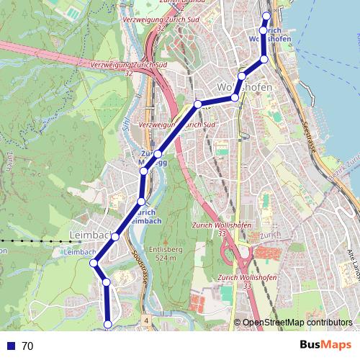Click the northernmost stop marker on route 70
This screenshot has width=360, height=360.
click(x=266, y=16)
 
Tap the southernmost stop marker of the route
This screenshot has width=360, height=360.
click(x=108, y=325)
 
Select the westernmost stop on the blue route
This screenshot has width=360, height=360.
click(x=94, y=264)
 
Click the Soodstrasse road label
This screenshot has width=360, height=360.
click(x=138, y=268)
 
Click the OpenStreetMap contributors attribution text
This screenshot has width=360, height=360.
click(x=298, y=323)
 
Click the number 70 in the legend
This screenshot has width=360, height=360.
click(x=27, y=346)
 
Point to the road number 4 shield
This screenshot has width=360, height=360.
click(x=145, y=318)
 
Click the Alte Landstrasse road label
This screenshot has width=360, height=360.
click(x=354, y=259)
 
